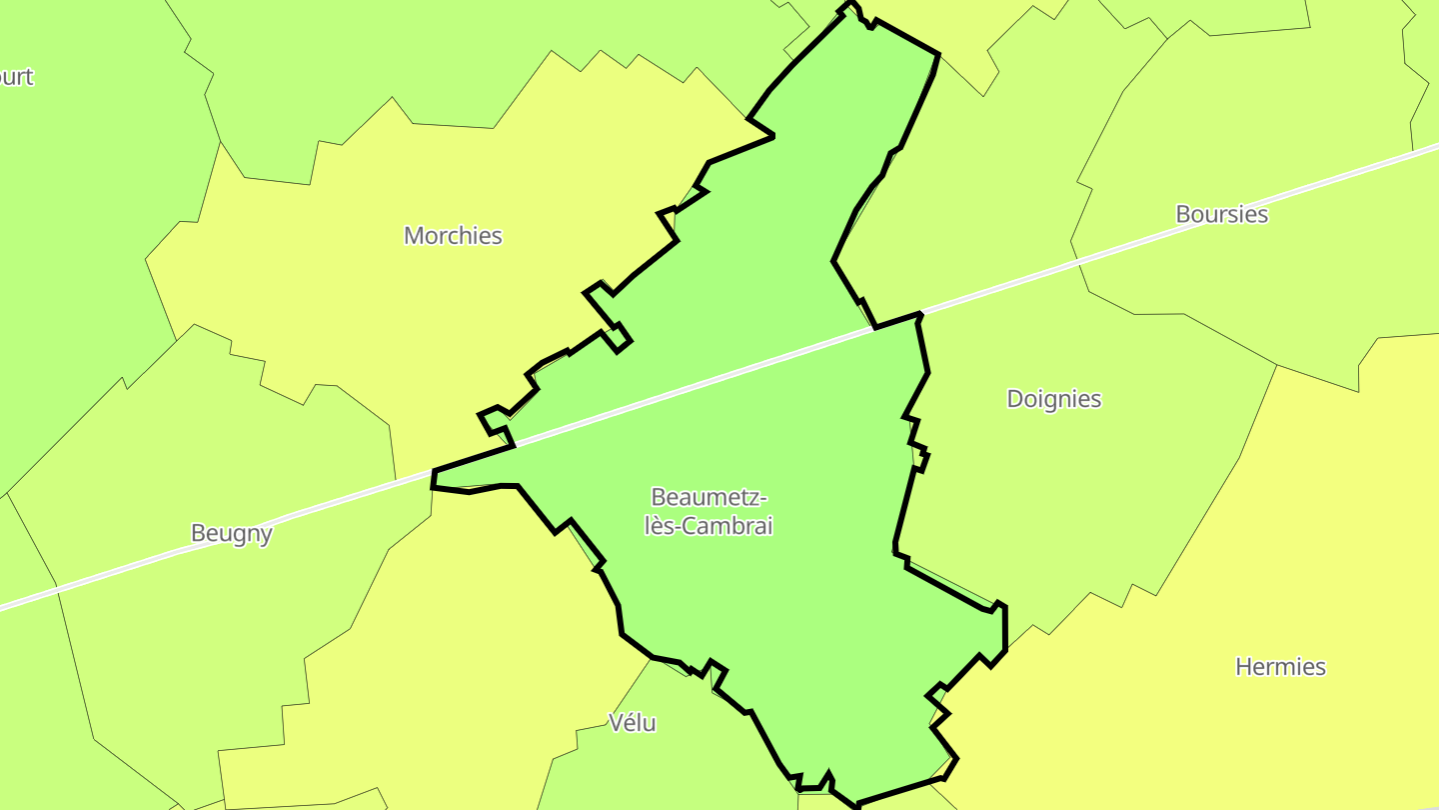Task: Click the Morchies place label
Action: click(453, 236)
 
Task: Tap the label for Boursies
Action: click(1221, 214)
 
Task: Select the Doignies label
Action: click(1053, 399)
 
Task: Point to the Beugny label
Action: click(232, 533)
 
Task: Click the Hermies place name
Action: click(1280, 667)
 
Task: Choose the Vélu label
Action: click(633, 722)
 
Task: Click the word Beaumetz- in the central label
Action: click(709, 497)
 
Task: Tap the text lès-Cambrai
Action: click(709, 526)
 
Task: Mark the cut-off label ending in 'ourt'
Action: click(15, 77)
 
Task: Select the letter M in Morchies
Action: click(413, 236)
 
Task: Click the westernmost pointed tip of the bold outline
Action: click(434, 471)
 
